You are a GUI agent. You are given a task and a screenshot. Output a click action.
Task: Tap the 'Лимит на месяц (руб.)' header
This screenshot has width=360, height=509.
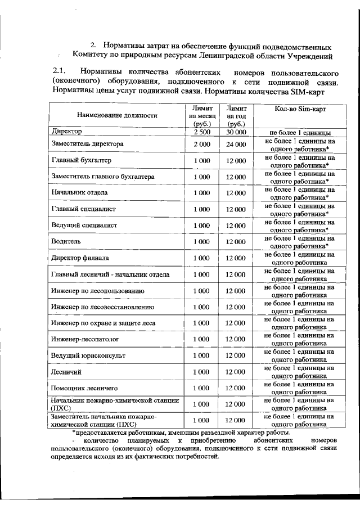[x=201, y=115]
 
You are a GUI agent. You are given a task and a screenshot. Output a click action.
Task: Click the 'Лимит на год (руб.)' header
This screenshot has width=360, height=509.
[x=236, y=115]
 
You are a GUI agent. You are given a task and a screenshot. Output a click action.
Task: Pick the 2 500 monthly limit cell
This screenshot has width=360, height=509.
[x=201, y=132]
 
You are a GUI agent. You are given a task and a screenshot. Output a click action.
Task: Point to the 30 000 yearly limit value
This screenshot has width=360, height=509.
[x=236, y=132]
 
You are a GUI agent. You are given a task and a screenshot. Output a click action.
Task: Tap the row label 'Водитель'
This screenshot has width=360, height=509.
[x=67, y=241]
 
